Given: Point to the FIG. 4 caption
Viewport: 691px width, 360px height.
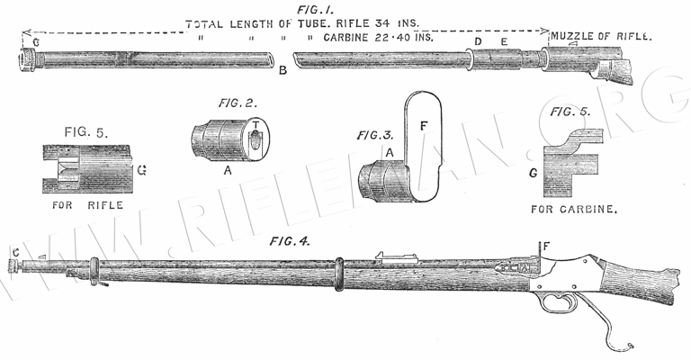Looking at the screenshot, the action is (288, 240).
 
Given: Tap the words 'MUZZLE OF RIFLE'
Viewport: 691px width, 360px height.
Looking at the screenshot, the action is (601, 40).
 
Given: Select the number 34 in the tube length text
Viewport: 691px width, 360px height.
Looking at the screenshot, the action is (362, 23).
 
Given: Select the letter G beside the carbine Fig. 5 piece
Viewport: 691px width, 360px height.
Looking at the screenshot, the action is (533, 172).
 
